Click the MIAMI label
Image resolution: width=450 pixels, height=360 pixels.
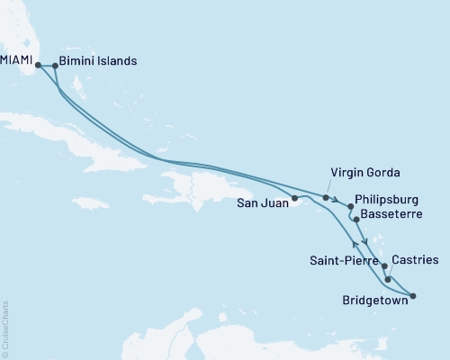[x=17, y=63]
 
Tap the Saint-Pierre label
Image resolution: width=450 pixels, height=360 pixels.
[x=340, y=261]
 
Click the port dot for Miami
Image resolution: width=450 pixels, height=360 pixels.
[x=38, y=64]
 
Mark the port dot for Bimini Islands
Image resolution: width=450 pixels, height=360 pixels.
[x=56, y=64]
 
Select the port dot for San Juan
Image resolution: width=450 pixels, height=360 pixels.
[x=295, y=197]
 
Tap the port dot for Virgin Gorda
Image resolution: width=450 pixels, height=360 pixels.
[x=326, y=196]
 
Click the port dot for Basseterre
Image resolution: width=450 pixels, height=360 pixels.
[x=355, y=219]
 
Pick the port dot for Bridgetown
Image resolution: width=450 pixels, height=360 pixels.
[x=412, y=295]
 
